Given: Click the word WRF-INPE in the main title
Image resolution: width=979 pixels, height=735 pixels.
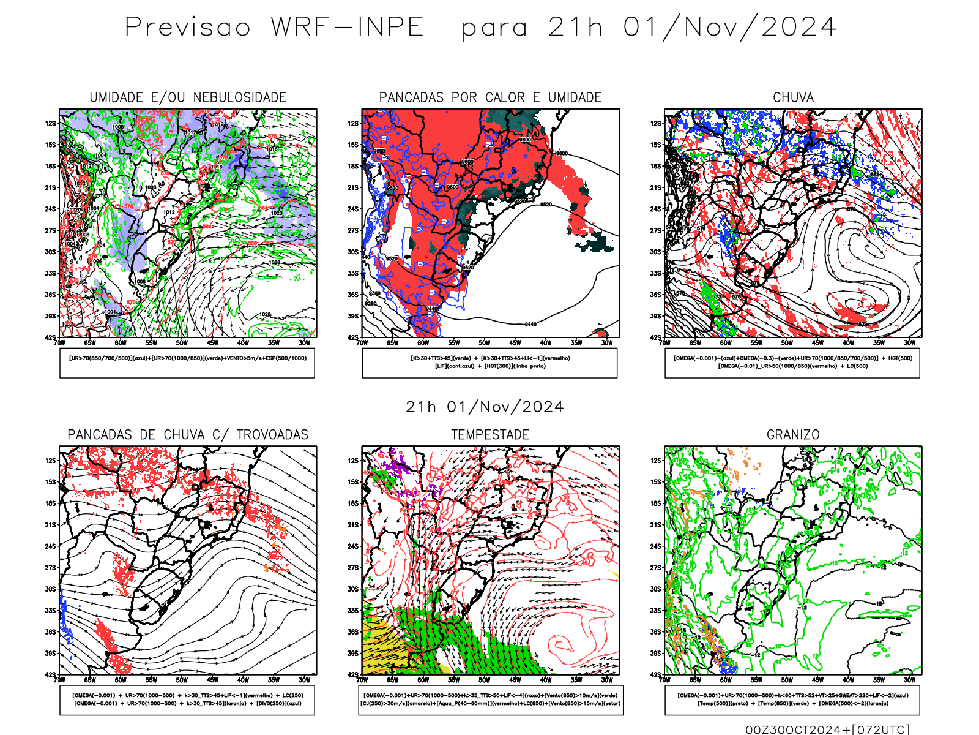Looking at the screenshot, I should [348, 28].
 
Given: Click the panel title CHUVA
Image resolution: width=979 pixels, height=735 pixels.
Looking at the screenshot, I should [793, 97].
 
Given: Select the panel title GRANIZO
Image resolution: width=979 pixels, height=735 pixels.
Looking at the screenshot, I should [793, 435].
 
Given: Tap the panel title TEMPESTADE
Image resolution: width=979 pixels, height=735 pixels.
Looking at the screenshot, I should [490, 435].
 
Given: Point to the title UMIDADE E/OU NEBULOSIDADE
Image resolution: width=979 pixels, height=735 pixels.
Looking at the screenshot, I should [188, 97].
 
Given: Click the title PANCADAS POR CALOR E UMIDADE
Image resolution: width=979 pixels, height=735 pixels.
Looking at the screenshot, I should [490, 97].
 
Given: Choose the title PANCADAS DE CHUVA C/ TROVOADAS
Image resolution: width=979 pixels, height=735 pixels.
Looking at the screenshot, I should [188, 435].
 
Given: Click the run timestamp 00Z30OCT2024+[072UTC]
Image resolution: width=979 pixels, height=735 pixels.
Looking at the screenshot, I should [827, 729].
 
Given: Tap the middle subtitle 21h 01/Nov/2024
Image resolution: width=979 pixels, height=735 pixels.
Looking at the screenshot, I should [485, 407].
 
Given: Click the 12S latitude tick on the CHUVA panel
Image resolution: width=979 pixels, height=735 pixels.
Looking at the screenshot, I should [656, 123].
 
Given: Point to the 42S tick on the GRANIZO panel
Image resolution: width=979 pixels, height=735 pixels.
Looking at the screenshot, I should [656, 674].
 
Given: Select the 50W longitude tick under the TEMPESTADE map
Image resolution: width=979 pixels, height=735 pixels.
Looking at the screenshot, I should [485, 680].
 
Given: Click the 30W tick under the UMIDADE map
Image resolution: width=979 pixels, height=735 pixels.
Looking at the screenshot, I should [304, 343].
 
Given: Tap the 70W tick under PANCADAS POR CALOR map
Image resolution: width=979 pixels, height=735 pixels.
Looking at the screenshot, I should [362, 343].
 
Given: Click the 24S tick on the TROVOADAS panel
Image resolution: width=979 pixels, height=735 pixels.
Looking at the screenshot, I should [50, 546].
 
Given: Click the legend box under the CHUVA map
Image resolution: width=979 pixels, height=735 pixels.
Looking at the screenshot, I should [792, 363].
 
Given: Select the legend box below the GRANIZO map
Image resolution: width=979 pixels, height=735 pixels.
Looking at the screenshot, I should [792, 699].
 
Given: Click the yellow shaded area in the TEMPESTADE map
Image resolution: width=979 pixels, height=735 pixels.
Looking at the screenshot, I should [382, 646].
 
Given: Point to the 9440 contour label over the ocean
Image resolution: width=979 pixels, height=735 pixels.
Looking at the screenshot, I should [530, 324].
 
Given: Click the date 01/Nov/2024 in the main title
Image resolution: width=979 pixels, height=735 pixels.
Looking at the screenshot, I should [729, 28].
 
